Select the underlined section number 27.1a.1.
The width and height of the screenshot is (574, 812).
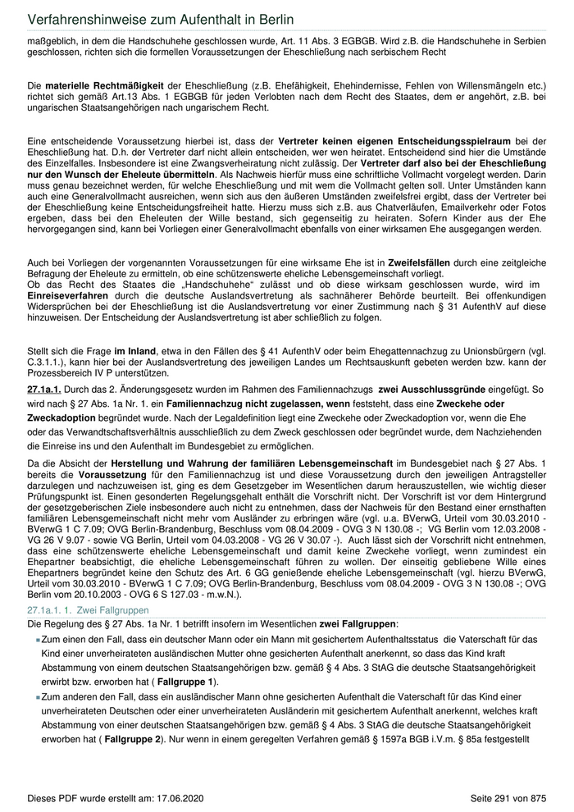(x=44, y=390)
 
